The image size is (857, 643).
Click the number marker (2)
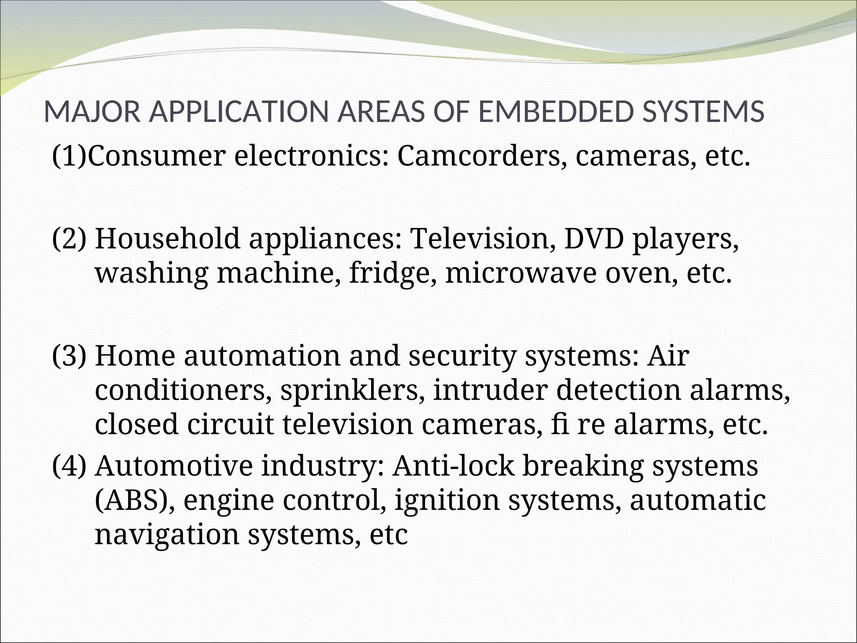coord(69,239)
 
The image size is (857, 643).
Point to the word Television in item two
coord(484,239)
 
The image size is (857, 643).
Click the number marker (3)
coord(69,356)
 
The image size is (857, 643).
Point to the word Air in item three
coord(667,356)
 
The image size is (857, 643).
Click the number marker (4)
coord(69,466)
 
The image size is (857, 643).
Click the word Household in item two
coord(168,239)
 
